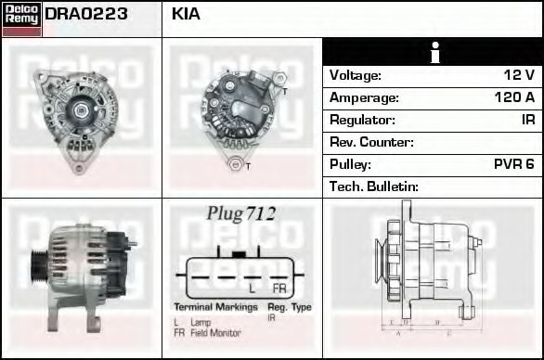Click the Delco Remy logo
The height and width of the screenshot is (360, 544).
[x=21, y=18]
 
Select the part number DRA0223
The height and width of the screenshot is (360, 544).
[x=86, y=15]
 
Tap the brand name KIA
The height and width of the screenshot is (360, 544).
[x=186, y=15]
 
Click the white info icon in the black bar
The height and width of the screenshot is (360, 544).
[x=433, y=52]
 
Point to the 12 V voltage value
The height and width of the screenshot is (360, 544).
[x=518, y=75]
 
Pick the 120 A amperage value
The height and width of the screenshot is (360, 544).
[x=514, y=97]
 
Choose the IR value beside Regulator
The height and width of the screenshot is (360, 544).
[x=527, y=120]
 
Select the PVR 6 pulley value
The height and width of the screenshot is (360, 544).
[x=513, y=164]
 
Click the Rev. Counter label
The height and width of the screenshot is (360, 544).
[x=371, y=142]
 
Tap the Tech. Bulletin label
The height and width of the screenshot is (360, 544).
[x=374, y=186]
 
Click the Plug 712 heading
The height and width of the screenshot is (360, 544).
[x=241, y=213]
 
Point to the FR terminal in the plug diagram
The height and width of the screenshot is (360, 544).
[x=278, y=289]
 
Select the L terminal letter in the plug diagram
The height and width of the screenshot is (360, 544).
[x=253, y=289]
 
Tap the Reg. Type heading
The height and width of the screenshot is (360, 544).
[x=289, y=307]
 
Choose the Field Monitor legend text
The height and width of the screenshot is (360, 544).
[x=214, y=333]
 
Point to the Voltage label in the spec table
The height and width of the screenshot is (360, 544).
[x=356, y=75]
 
